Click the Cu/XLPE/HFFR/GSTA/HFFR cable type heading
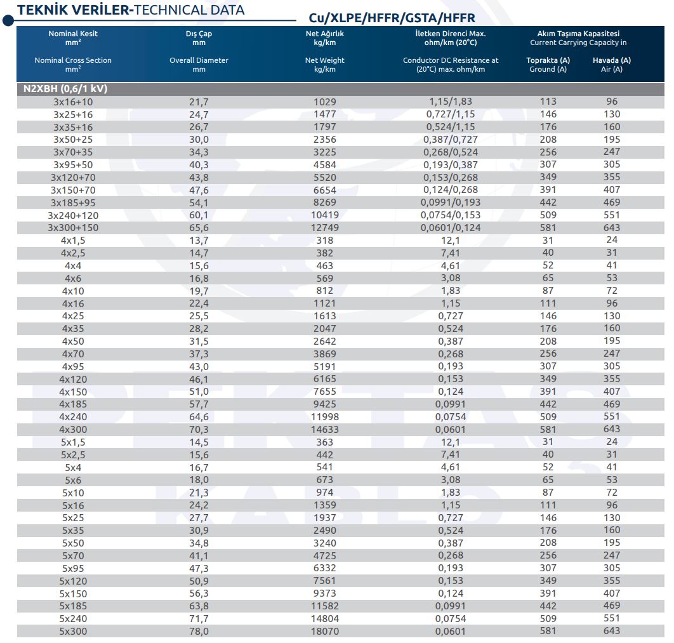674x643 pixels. [x=392, y=18]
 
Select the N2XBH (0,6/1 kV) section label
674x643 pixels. [x=65, y=89]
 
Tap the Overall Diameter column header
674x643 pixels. [x=199, y=60]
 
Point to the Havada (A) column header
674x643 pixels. [x=612, y=60]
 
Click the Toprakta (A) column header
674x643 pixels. [x=548, y=60]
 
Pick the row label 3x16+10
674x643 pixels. [x=73, y=102]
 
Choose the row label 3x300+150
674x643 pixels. [x=73, y=228]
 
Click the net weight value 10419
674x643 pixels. [x=324, y=215]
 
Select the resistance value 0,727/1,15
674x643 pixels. [x=451, y=114]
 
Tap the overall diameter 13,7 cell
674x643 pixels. [x=199, y=241]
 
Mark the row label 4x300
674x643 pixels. [x=73, y=430]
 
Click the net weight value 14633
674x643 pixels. [x=324, y=430]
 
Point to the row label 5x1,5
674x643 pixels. [x=73, y=442]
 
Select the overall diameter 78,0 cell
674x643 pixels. [x=199, y=632]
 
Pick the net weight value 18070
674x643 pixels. [x=324, y=632]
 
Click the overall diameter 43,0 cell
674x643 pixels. [x=199, y=367]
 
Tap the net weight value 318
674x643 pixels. [x=324, y=241]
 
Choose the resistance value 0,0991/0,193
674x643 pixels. [x=451, y=202]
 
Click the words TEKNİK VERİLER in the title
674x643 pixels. [x=73, y=10]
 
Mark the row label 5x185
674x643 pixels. [x=73, y=606]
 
